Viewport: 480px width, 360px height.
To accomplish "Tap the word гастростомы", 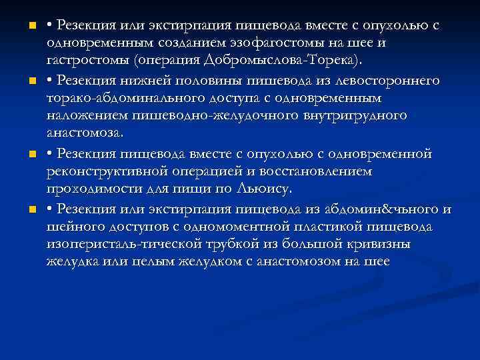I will click(88, 61).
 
